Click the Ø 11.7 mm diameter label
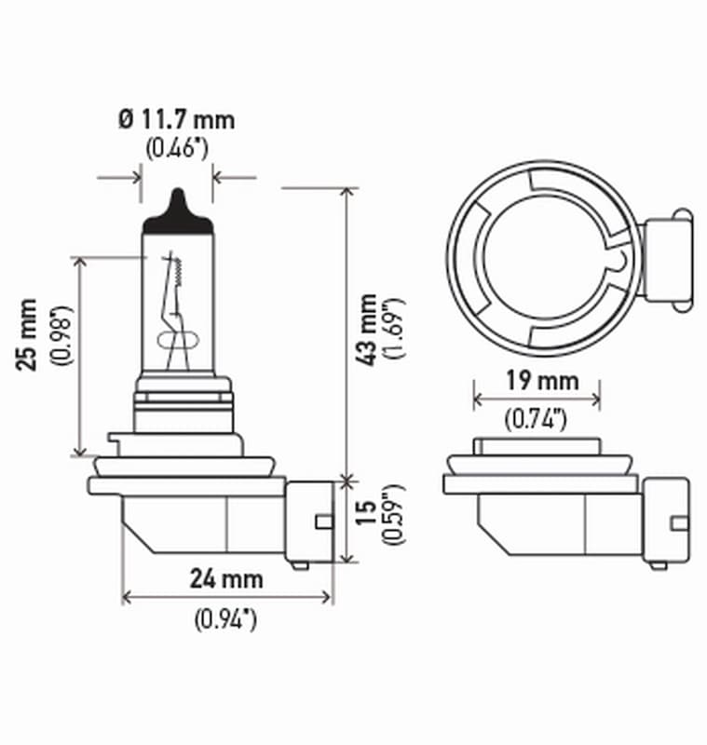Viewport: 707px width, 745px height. click(176, 119)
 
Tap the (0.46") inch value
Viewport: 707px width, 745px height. click(176, 147)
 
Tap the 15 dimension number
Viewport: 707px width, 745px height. click(369, 510)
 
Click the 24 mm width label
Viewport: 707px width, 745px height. click(226, 578)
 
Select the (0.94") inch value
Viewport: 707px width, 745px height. click(226, 617)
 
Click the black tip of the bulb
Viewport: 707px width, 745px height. click(177, 208)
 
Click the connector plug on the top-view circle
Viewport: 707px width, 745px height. click(667, 258)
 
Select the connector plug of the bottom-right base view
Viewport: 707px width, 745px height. click(666, 520)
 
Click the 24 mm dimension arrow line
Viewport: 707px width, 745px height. click(226, 597)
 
